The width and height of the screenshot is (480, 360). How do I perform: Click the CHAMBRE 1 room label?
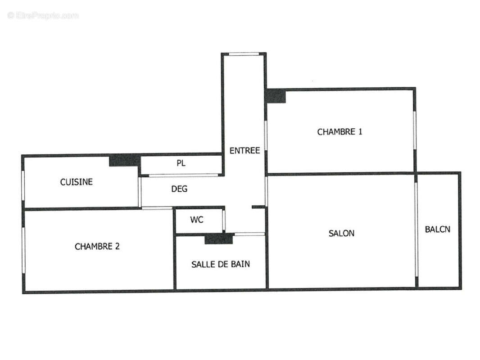(340, 132)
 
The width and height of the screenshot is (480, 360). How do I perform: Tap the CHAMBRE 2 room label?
(97, 247)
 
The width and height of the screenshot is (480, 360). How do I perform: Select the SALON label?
(341, 233)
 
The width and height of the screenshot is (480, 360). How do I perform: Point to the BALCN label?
(437, 229)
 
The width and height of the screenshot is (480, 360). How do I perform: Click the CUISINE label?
(77, 182)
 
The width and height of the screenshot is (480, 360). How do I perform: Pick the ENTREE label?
(245, 150)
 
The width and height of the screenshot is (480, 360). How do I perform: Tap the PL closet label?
(181, 163)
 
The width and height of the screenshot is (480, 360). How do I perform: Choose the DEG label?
(179, 189)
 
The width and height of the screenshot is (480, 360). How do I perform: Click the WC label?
(196, 220)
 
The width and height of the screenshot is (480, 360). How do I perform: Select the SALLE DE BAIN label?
(221, 264)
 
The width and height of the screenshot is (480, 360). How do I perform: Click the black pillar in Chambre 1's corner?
(276, 96)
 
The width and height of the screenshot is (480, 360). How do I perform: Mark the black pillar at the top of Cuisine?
(124, 160)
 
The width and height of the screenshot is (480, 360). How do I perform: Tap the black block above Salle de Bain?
(218, 238)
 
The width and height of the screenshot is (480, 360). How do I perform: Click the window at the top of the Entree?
(244, 54)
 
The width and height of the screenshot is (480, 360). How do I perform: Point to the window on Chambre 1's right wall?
(414, 130)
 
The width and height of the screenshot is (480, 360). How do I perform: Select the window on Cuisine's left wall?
(23, 185)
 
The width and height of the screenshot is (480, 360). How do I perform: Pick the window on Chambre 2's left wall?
(23, 250)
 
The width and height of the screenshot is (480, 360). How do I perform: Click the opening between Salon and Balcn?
(416, 229)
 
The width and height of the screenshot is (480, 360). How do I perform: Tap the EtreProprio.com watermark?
(43, 16)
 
